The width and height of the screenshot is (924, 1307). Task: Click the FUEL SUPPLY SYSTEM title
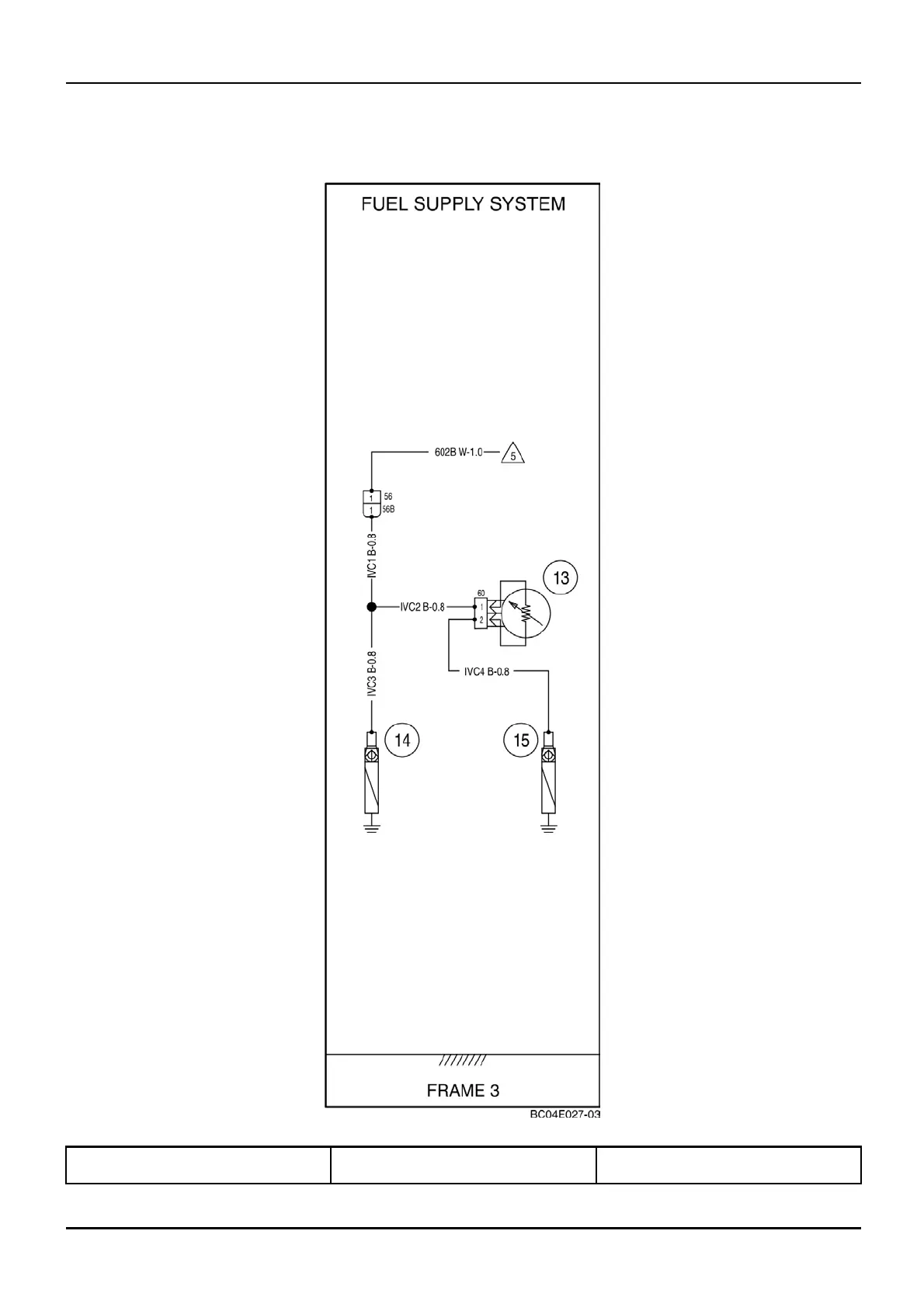pos(463,204)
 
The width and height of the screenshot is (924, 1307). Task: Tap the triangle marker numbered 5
pos(512,453)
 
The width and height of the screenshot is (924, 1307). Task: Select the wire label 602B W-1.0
pos(458,452)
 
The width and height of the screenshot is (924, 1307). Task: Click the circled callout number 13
pos(561,578)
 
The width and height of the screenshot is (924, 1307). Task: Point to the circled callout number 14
pos(402,740)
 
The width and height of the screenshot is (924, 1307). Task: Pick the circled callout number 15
pos(521,740)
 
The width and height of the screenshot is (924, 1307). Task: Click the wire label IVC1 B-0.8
pos(372,555)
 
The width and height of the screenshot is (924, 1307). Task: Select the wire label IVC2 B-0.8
pos(422,607)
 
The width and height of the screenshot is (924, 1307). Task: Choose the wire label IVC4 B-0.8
pos(486,671)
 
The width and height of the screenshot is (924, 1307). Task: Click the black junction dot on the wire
pos(372,607)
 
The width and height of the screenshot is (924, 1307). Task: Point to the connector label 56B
pos(388,510)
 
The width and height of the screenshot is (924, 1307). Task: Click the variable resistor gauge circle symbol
pos(525,612)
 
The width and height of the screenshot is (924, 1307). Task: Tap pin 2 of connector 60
pos(481,620)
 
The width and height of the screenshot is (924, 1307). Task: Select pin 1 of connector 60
pos(481,607)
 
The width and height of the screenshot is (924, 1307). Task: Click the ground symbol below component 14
pos(372,827)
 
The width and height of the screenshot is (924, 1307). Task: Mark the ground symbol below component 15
pos(549,827)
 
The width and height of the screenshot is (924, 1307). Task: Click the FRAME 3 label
pos(463,1090)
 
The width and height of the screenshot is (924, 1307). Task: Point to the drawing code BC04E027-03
pos(564,1115)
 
